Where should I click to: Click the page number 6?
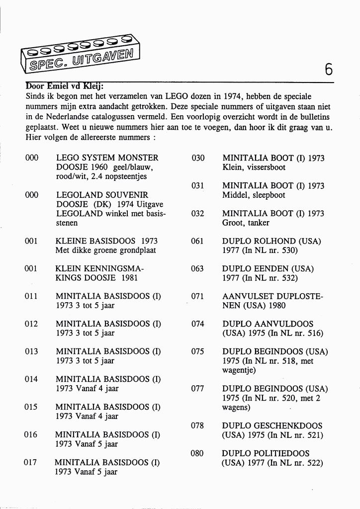(x=329, y=70)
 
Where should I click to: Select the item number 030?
(x=198, y=158)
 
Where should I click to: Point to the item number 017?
(x=31, y=463)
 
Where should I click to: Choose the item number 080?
(x=197, y=453)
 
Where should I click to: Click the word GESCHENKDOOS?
(x=288, y=425)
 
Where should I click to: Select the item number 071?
(x=197, y=296)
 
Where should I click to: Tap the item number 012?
(x=31, y=324)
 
